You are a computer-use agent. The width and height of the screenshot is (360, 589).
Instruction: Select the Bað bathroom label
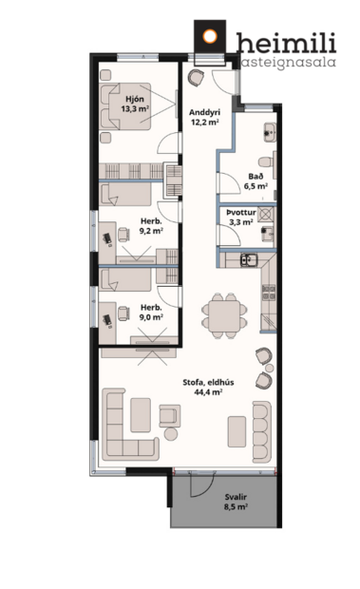click(256, 175)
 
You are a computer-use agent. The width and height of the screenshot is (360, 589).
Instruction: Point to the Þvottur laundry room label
click(240, 211)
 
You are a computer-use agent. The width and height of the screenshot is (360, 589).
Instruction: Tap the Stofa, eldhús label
click(202, 381)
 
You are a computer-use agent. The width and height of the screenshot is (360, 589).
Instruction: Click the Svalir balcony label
click(237, 496)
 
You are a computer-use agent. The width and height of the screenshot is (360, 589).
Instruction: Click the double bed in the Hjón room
click(122, 106)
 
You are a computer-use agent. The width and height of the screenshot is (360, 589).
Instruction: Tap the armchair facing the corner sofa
click(171, 414)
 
